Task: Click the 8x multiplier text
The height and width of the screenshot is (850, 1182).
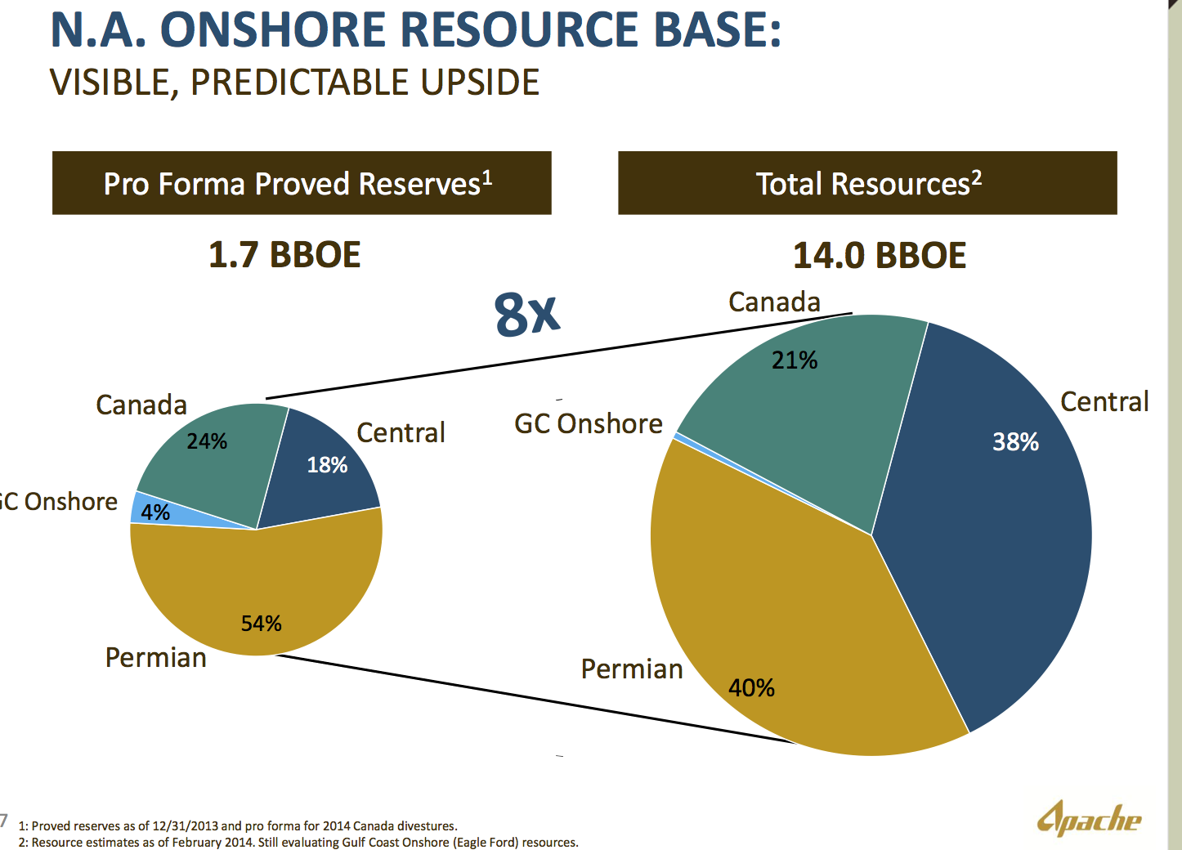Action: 526,315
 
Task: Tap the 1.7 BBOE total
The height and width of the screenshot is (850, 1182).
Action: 284,255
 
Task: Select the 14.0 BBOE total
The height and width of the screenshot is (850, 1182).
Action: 879,256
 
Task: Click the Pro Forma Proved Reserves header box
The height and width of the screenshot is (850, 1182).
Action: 302,183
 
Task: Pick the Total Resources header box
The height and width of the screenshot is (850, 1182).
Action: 867,183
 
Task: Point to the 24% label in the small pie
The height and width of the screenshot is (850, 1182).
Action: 207,441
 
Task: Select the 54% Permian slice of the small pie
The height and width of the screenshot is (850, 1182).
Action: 257,591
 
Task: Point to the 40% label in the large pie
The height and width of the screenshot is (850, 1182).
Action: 751,688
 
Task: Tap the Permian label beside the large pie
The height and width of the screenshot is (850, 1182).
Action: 632,669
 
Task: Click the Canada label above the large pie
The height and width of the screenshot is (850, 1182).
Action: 774,302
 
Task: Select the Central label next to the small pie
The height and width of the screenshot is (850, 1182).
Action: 401,432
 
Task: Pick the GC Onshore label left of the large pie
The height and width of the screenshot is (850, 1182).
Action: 589,423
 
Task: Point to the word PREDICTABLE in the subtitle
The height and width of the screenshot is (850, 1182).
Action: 300,83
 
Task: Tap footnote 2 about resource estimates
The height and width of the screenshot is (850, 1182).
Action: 298,843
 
